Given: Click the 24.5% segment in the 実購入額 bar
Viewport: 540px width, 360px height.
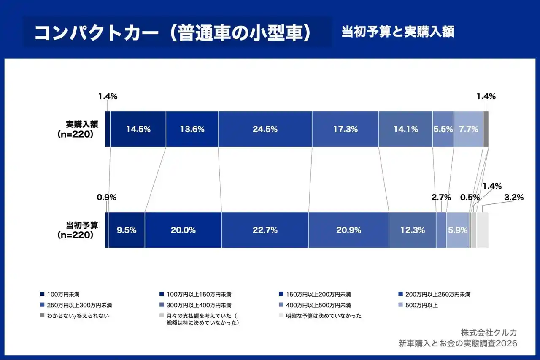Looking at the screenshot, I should point(265,129).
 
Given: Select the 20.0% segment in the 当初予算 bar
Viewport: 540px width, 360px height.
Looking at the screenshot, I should point(183,230).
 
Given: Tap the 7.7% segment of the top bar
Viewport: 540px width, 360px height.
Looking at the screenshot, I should point(468,129).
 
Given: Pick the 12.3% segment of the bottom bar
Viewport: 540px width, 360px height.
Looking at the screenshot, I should point(412,230).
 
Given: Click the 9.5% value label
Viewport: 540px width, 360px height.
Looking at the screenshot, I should point(126,230).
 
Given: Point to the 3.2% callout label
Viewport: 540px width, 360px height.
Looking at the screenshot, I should point(513,197).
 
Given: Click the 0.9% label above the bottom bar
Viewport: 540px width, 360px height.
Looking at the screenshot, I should point(106,197).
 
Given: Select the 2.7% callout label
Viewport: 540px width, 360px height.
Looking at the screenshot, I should point(441,197).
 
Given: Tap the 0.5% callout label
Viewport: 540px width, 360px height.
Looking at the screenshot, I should point(470,197).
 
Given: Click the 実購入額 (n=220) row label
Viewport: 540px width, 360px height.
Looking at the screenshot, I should point(78,129).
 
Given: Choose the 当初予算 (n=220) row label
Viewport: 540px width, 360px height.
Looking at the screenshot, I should point(78,230).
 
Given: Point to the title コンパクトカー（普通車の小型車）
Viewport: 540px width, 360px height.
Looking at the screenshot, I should point(173,33).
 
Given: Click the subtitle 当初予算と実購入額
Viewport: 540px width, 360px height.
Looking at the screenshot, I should point(397,32).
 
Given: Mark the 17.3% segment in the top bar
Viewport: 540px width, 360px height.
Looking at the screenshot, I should point(345,129).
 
